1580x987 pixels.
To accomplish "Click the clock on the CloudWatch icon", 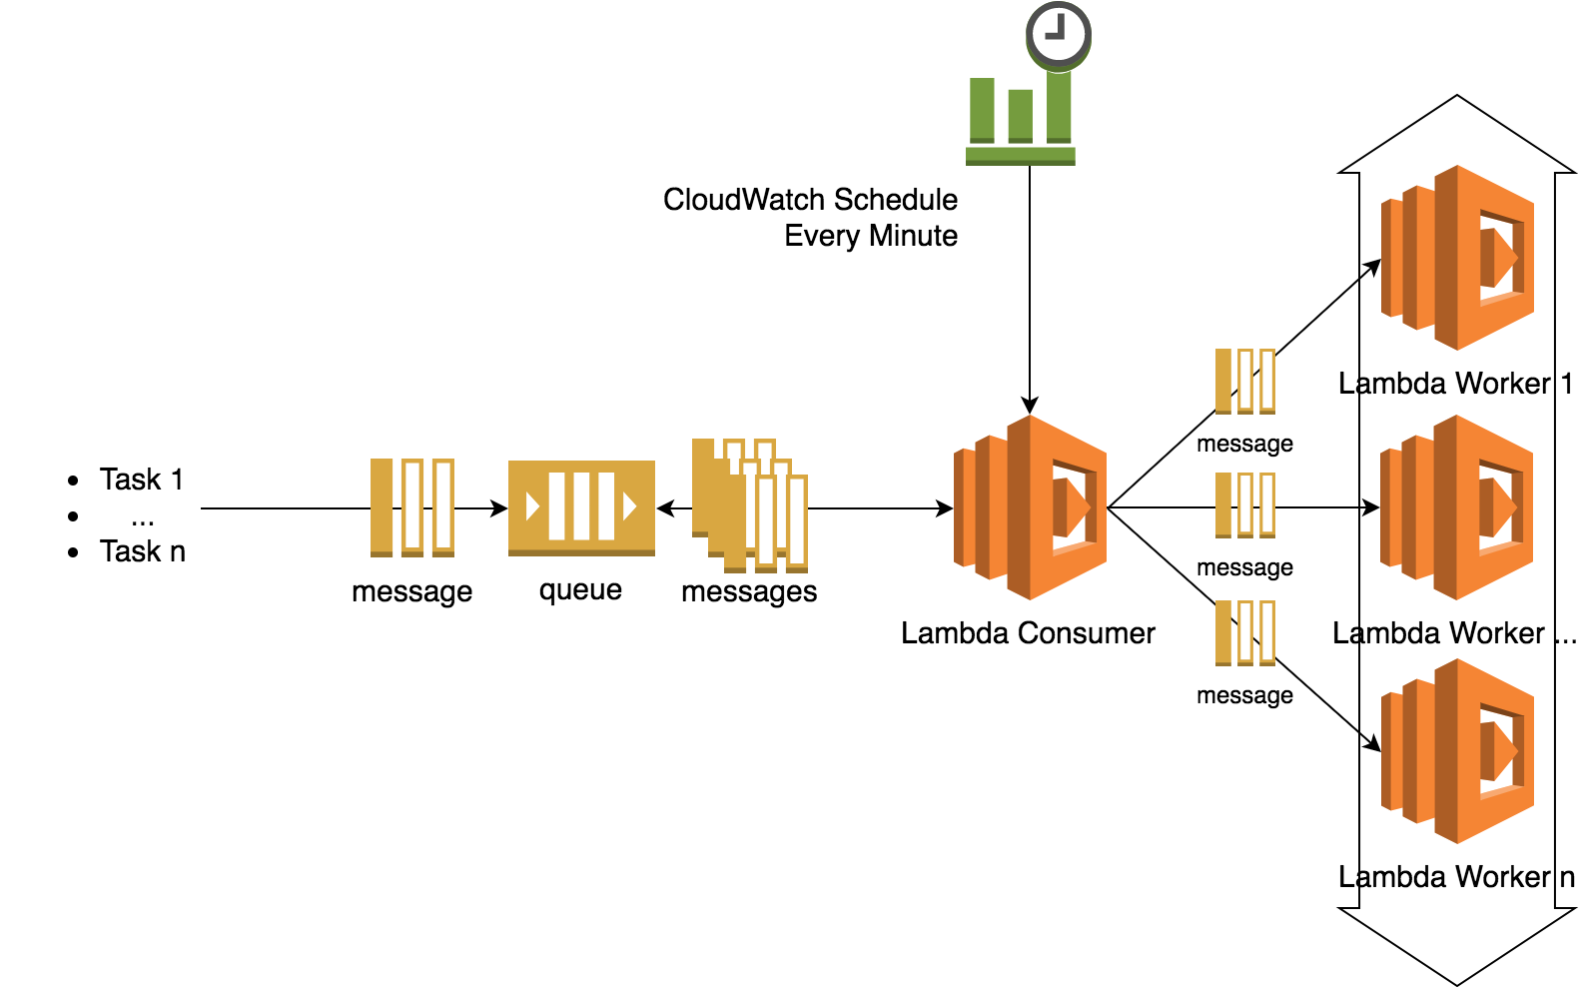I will tap(1059, 35).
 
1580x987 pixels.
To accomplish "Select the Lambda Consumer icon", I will tap(1030, 507).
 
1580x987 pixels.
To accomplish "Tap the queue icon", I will tap(581, 507).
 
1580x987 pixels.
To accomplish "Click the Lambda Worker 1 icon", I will tap(1457, 258).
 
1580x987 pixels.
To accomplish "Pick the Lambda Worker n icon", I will tap(1457, 751).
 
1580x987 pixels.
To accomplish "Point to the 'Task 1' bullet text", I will tap(142, 480).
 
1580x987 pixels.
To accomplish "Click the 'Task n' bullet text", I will tap(143, 551).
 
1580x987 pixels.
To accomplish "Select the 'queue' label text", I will tap(580, 590).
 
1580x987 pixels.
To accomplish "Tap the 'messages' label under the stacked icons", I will tap(749, 591).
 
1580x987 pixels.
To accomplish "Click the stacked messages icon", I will tap(750, 504).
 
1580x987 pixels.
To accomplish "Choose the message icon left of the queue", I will tap(412, 507).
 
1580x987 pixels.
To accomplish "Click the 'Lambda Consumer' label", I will tap(1028, 633).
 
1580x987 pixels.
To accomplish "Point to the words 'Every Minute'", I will tap(871, 236).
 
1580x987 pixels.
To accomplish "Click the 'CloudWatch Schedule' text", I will tap(810, 200).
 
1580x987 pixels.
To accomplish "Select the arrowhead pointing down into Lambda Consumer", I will tap(1030, 406).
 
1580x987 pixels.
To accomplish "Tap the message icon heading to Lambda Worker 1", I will tap(1245, 381).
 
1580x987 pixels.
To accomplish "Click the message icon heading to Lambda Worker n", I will tap(1245, 632).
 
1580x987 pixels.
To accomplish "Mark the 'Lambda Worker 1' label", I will tap(1455, 384).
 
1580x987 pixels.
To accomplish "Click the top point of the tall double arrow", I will tap(1457, 97).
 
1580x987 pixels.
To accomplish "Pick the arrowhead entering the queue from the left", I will tap(499, 508).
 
